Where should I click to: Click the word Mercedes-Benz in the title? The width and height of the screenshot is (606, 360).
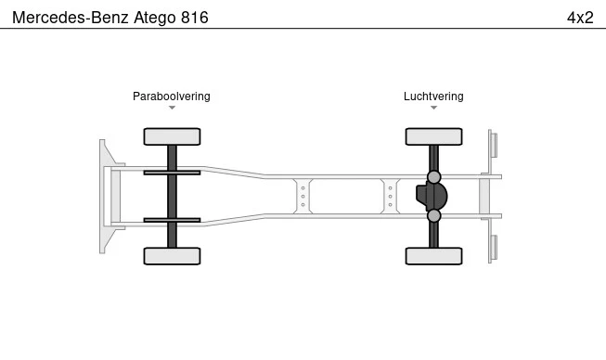[x=71, y=18]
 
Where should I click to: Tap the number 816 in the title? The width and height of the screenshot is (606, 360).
[x=195, y=18]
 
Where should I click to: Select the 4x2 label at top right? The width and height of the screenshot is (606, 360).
[x=580, y=18]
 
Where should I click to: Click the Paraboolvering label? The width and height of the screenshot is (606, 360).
[x=172, y=96]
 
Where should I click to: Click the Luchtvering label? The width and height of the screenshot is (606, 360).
[x=433, y=96]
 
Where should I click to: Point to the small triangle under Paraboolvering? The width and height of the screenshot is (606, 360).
[x=172, y=108]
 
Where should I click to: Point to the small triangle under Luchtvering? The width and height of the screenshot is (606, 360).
[x=433, y=108]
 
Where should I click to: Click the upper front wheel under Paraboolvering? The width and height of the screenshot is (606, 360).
[x=172, y=136]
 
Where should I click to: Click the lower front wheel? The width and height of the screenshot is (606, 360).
[x=172, y=256]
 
